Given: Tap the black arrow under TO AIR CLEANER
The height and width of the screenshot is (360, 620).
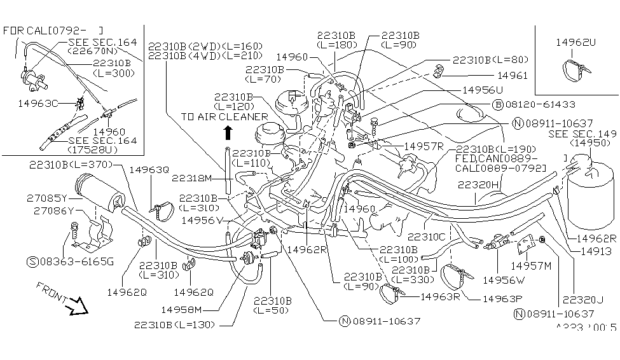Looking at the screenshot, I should (x=228, y=132).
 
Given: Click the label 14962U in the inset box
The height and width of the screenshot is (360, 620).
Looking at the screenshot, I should (x=576, y=42).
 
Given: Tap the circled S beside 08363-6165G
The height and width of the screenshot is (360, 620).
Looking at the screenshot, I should (x=32, y=261).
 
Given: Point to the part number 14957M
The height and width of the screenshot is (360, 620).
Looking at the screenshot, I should (x=531, y=265).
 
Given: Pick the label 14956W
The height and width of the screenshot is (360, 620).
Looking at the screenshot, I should (x=502, y=279).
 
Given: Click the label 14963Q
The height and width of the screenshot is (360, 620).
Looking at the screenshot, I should (x=149, y=170).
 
